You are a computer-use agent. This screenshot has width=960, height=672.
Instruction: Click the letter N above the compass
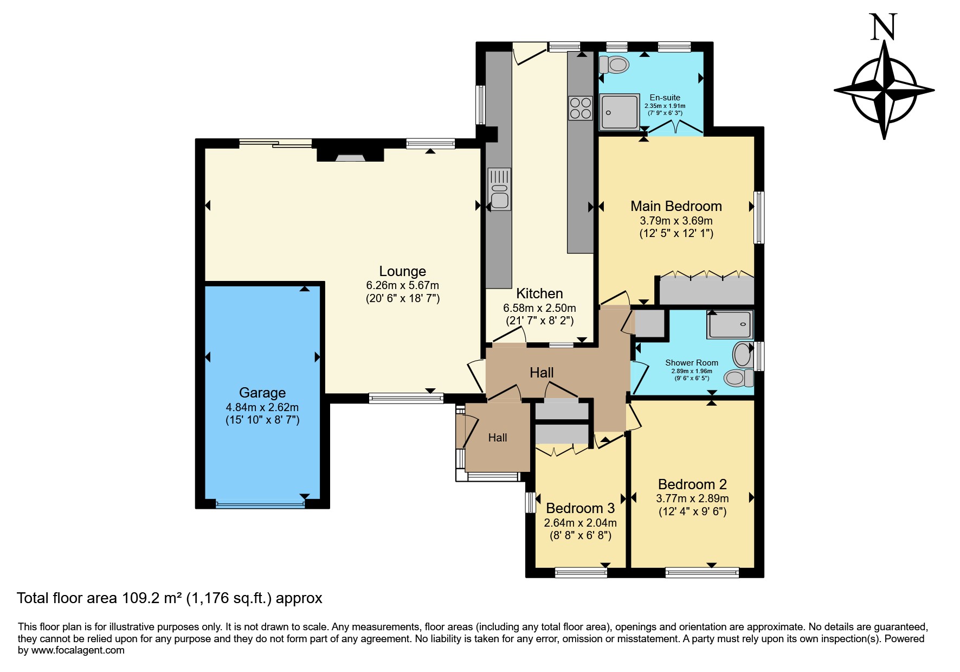click(884, 27)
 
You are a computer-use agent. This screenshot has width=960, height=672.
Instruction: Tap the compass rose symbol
click(884, 89)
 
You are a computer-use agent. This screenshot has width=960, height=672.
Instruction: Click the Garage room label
click(262, 393)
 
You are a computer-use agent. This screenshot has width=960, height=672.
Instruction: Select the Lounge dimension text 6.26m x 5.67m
click(403, 285)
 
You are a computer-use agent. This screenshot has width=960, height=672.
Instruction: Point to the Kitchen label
click(539, 293)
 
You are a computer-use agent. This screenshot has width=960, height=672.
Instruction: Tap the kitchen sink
click(499, 189)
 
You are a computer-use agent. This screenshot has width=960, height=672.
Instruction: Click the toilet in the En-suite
click(614, 65)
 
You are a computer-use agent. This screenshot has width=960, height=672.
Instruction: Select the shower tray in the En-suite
click(620, 112)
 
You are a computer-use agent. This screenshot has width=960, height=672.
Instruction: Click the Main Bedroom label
click(676, 206)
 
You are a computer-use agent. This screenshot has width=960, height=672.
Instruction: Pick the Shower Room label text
click(692, 362)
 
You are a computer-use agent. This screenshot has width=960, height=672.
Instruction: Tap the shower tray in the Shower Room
click(730, 324)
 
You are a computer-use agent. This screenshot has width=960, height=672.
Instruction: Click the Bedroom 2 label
click(692, 484)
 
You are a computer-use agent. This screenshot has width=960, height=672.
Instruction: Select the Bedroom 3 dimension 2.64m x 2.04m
click(580, 523)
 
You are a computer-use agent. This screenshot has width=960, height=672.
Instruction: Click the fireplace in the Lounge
click(350, 155)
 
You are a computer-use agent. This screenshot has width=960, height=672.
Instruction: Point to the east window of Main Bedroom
click(759, 217)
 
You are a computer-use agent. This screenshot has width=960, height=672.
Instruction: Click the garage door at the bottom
click(260, 504)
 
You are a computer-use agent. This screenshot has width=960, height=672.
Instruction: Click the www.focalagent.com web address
click(78, 650)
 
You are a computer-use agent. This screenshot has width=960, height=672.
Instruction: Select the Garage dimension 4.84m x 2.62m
click(262, 407)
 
